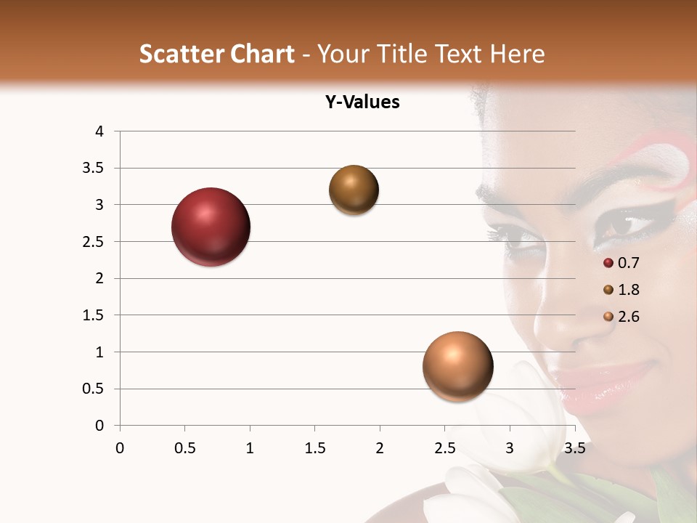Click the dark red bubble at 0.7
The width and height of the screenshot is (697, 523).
[211, 227]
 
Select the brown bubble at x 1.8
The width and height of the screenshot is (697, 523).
[354, 190]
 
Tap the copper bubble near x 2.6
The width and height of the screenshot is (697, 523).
[457, 367]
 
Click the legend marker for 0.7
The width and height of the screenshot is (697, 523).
[608, 263]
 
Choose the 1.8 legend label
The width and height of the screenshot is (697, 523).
[629, 290]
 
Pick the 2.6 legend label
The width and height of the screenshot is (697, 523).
[629, 317]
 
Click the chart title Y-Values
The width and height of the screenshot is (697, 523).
[362, 102]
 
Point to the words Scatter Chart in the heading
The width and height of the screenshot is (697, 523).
[216, 54]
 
